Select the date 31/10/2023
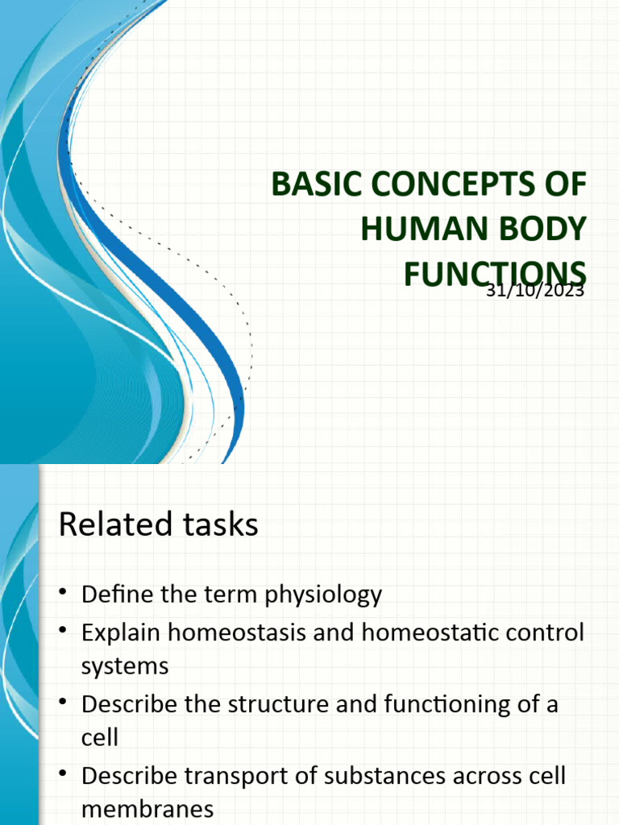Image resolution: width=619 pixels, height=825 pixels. tap(535, 291)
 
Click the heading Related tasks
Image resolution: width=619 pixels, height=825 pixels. tap(159, 525)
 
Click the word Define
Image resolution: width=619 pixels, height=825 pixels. tap(119, 595)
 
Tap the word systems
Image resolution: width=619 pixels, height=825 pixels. tap(125, 666)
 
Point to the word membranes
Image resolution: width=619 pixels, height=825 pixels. tap(147, 809)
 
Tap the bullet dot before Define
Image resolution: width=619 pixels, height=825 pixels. tap(64, 595)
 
